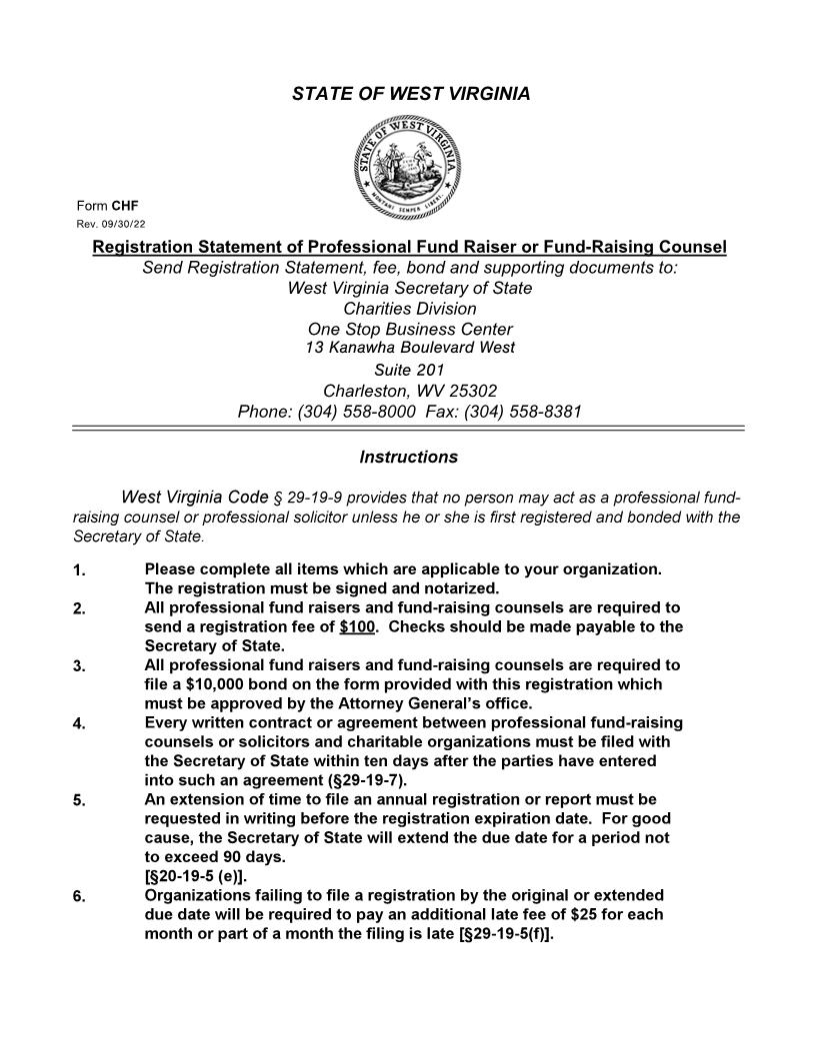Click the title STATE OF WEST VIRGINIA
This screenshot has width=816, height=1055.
point(410,94)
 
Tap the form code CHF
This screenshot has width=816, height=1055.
point(125,206)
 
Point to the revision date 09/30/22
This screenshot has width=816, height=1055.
point(121,224)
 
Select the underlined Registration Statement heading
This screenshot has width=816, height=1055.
point(409,247)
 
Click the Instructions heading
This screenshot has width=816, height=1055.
point(408,458)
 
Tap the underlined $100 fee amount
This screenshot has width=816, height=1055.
point(357,627)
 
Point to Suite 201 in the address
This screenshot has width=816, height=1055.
point(409,370)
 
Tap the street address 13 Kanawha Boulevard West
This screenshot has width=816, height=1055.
point(410,348)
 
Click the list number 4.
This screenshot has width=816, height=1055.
point(79,724)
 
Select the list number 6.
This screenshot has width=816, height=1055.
point(79,896)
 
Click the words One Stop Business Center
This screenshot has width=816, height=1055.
point(410,329)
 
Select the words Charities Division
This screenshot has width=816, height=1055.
point(410,309)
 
